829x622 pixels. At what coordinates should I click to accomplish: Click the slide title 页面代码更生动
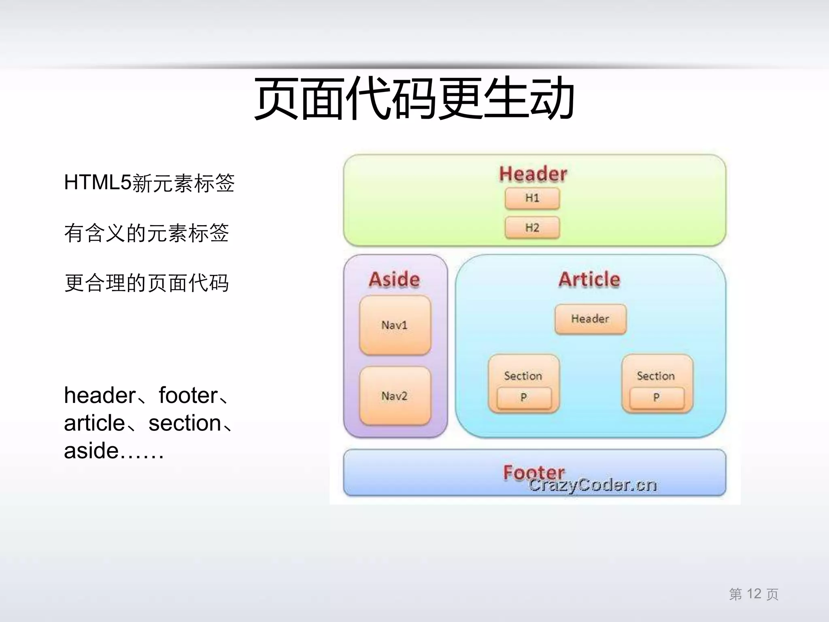point(414,98)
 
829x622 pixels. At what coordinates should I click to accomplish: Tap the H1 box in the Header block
point(532,198)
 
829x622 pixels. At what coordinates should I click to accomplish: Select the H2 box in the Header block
point(532,228)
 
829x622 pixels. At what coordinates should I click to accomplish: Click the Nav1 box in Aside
point(395,325)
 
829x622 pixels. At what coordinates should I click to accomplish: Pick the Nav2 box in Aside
point(395,396)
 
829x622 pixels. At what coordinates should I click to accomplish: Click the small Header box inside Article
point(590,319)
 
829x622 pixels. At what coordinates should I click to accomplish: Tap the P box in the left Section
point(524,398)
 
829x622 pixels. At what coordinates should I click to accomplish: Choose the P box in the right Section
point(657,398)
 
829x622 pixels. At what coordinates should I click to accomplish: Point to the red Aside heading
point(394,279)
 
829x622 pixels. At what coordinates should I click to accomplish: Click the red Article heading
point(589,279)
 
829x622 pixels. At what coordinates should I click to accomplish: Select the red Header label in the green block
point(533,174)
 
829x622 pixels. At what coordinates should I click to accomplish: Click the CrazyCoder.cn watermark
point(593,485)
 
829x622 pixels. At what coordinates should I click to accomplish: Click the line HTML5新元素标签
point(149,183)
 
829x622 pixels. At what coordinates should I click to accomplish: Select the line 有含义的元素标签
point(147,233)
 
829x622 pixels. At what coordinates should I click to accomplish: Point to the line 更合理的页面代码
point(147,283)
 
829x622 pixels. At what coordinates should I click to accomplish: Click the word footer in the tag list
point(188,395)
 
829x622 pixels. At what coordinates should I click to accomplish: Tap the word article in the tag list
point(94,423)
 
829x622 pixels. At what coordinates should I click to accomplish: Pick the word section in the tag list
point(185,423)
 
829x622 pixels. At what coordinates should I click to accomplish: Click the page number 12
point(754,594)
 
